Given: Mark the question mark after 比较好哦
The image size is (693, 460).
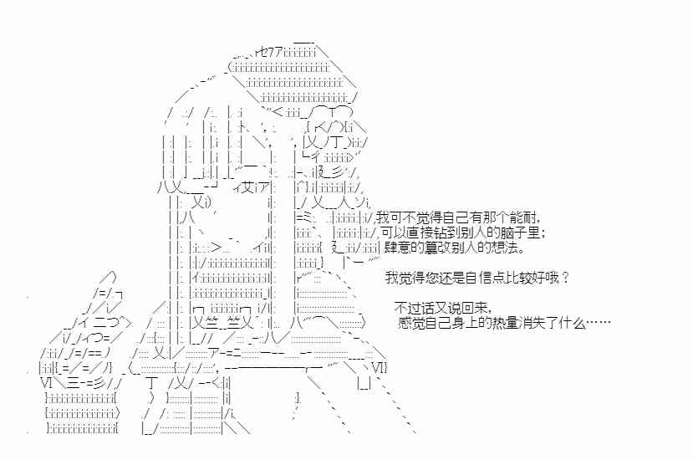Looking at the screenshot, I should tap(566, 278).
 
